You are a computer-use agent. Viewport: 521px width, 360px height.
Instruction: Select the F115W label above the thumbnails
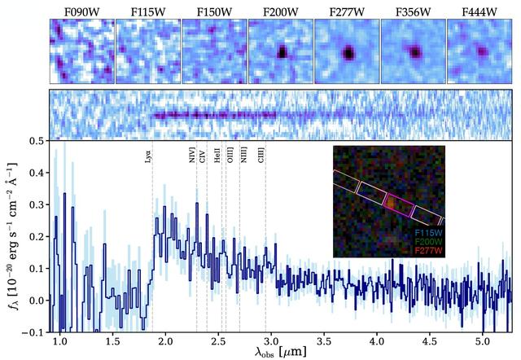coord(147,9)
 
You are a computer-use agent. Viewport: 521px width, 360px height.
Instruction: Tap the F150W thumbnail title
coord(214,9)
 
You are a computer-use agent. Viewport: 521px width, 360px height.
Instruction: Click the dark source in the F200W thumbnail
coord(282,51)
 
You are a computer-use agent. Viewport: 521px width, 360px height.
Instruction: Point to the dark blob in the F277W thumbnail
coord(348,53)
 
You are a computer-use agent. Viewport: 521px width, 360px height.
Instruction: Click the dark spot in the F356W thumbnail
coord(414,53)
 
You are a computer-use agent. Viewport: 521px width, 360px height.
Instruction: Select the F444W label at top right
coord(479,9)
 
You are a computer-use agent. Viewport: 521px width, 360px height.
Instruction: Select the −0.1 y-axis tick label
coord(33,333)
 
